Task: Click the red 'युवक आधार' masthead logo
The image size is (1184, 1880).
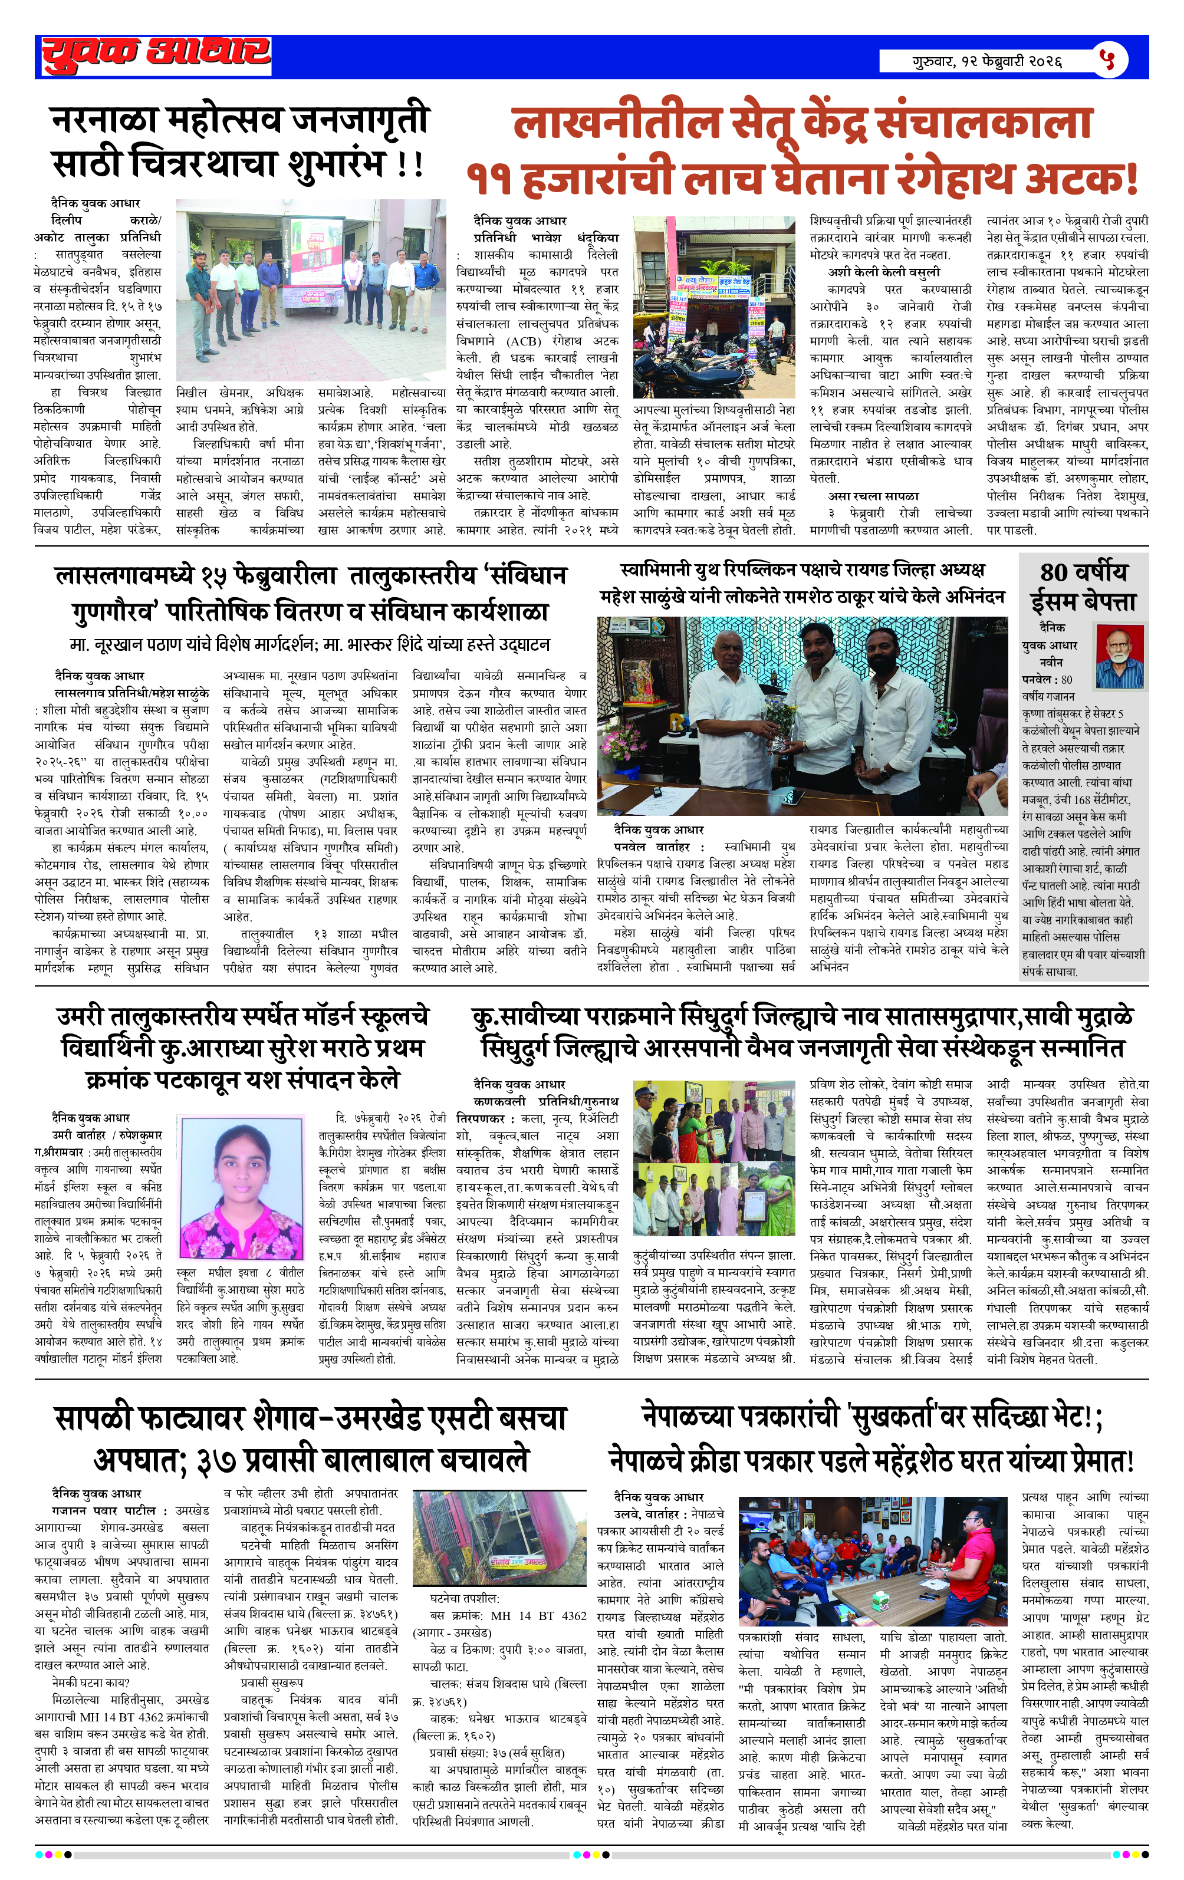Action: [156, 55]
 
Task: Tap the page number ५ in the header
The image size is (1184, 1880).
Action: [1107, 60]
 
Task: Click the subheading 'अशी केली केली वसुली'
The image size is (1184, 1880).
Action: [883, 272]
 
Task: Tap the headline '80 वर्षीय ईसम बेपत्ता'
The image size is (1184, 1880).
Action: [1083, 587]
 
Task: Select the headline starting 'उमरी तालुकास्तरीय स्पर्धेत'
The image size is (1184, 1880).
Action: [242, 1016]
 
